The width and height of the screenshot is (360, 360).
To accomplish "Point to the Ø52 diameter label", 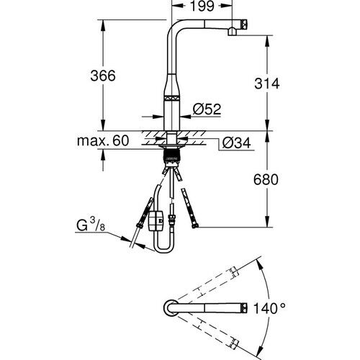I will pyautogui.click(x=207, y=109).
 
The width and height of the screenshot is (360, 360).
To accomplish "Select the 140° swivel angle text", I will pyautogui.click(x=271, y=308).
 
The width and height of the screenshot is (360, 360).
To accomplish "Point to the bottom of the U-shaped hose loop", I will pyautogui.click(x=163, y=251).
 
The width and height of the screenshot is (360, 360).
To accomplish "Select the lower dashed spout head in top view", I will pyautogui.click(x=233, y=343).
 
